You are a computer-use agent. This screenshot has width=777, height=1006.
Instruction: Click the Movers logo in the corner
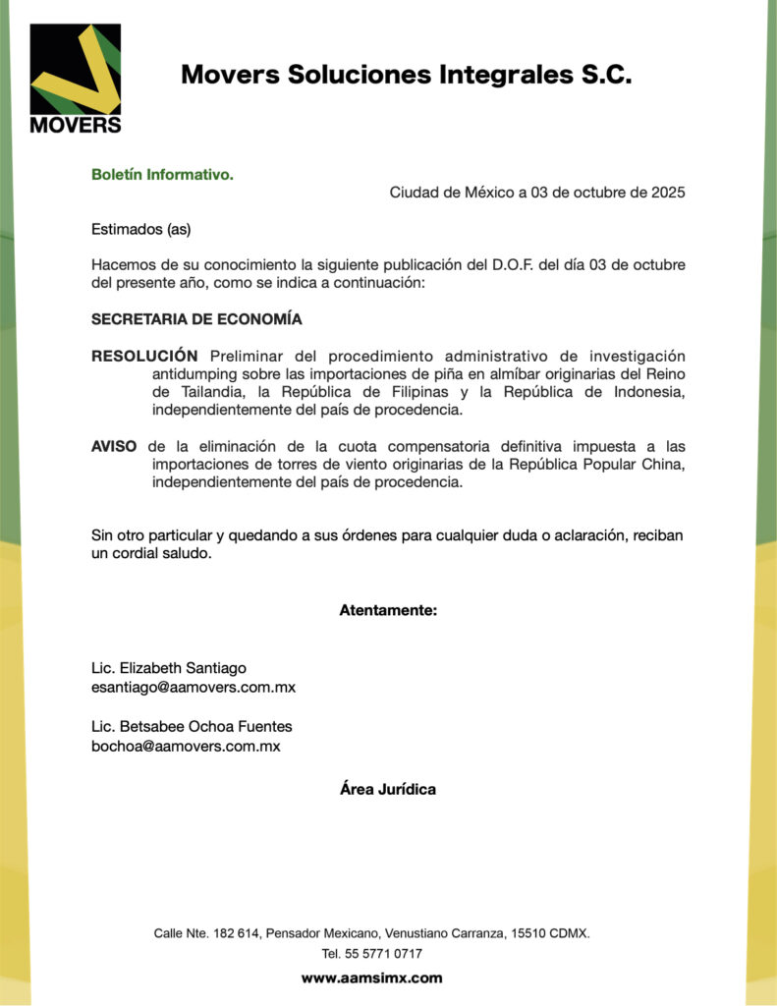pyautogui.click(x=76, y=80)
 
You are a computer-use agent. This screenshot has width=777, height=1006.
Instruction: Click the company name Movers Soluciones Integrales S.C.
pyautogui.click(x=406, y=75)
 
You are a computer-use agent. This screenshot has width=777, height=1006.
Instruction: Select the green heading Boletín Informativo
pyautogui.click(x=162, y=175)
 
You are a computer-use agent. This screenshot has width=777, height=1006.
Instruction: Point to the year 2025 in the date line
pyautogui.click(x=668, y=193)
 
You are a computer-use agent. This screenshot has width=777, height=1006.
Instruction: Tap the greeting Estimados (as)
pyautogui.click(x=140, y=230)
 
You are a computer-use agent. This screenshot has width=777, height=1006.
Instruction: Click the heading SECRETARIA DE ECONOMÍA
pyautogui.click(x=196, y=319)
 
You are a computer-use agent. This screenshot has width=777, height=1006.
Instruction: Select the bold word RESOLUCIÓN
pyautogui.click(x=144, y=356)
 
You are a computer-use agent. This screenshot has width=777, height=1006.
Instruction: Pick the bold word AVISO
pyautogui.click(x=114, y=446)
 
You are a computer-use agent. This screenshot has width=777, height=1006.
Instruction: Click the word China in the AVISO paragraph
pyautogui.click(x=663, y=464)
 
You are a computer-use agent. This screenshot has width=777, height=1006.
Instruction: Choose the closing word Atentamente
pyautogui.click(x=388, y=610)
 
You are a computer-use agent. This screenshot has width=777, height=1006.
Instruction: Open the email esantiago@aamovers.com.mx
pyautogui.click(x=194, y=687)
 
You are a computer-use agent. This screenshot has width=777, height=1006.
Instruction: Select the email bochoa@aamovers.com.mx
pyautogui.click(x=186, y=746)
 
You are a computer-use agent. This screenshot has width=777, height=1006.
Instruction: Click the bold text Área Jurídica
pyautogui.click(x=388, y=789)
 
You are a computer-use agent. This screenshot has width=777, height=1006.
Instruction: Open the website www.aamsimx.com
pyautogui.click(x=371, y=978)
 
